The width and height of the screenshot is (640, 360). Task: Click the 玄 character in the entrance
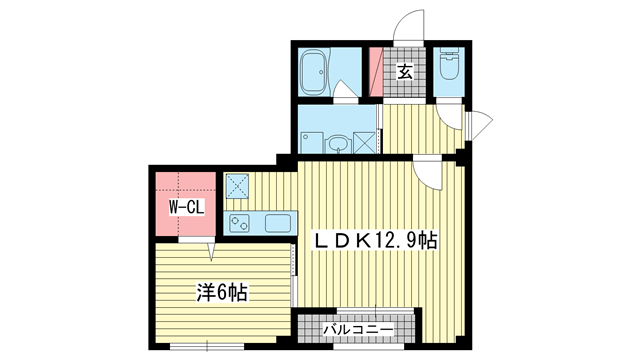click(x=404, y=71)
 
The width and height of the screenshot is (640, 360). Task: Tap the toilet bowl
click(x=446, y=69)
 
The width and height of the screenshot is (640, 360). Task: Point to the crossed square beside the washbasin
click(x=364, y=141)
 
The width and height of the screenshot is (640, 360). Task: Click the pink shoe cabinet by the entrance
click(x=377, y=71)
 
